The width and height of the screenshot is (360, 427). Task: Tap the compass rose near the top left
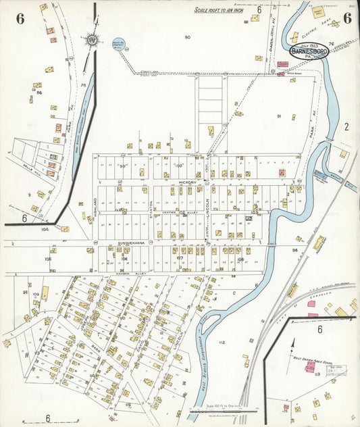pos(90,40)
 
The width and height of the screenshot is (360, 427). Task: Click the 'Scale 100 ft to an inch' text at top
pos(221,10)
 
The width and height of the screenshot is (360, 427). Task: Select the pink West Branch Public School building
pos(310,367)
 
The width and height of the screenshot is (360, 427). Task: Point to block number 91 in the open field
pos(278,116)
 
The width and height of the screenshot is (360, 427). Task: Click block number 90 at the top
pos(187,36)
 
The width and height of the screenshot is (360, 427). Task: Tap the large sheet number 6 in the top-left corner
pos(20,18)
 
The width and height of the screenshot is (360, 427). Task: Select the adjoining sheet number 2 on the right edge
pos(346,126)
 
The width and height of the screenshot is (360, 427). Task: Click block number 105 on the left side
pos(48,258)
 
